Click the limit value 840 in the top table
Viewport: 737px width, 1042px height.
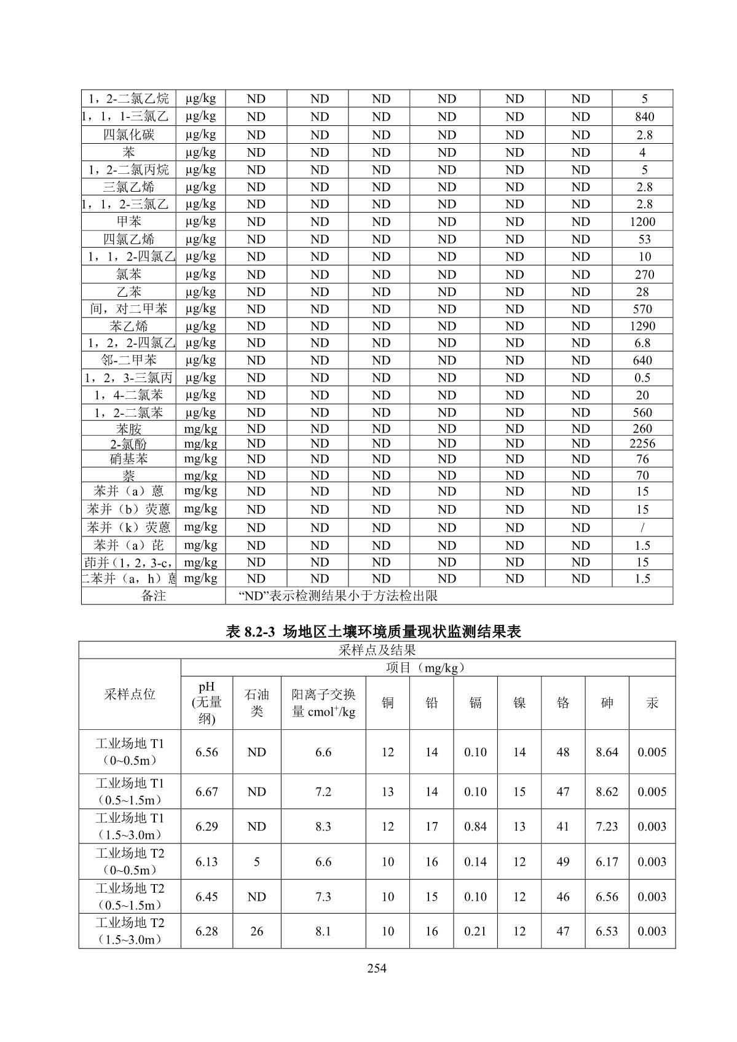point(642,117)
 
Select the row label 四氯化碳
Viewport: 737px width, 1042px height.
point(128,135)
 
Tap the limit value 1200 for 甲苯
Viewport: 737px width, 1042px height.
point(642,222)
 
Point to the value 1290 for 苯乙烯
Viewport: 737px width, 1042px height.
point(642,326)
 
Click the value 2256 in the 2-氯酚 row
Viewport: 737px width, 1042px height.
point(642,444)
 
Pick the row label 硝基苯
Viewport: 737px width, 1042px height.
point(128,459)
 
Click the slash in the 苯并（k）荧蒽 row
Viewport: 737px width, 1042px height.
point(642,527)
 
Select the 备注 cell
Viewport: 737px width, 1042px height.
point(153,595)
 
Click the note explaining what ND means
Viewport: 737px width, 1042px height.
point(337,595)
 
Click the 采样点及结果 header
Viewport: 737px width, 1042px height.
point(377,650)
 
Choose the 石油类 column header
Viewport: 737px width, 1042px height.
point(257,703)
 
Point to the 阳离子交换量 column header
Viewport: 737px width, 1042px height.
point(323,703)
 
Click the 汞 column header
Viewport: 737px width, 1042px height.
point(652,703)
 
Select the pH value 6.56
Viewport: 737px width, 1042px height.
point(207,752)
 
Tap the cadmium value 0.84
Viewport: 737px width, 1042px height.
point(475,826)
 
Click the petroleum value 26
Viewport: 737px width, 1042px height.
point(257,931)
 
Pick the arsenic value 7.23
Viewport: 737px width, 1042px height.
point(607,826)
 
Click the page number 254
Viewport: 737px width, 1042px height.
point(376,969)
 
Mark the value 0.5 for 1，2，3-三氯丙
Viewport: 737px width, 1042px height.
point(642,378)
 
